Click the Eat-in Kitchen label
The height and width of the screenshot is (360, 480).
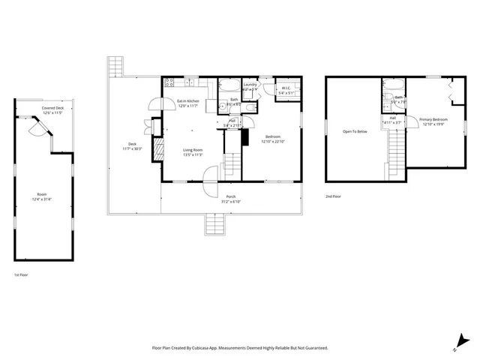[x=187, y=100]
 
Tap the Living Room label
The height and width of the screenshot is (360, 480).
[x=193, y=150]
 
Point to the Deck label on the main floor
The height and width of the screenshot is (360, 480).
[x=132, y=144]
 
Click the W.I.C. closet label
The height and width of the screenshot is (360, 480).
[x=286, y=88]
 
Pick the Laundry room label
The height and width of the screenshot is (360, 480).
[x=250, y=85]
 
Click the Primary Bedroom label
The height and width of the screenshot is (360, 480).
[x=433, y=119]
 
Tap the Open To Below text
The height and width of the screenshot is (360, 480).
[x=355, y=131]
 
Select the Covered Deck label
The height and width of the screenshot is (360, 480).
[x=52, y=108]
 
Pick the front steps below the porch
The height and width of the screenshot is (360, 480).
[x=214, y=223]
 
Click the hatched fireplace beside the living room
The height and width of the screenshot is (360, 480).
[x=157, y=150]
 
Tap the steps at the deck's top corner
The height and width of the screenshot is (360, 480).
[x=114, y=67]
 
